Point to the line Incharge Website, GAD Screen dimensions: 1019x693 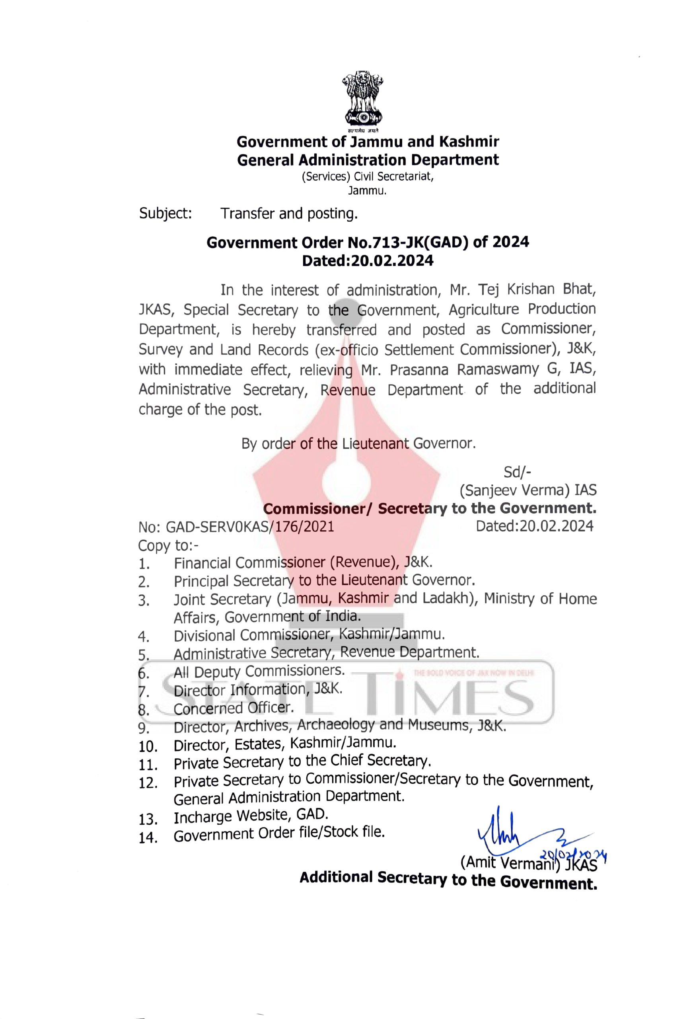point(251,816)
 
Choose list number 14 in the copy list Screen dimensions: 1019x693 point(148,838)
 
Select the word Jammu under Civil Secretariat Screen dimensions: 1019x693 point(367,191)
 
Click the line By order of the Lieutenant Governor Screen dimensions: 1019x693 point(358,443)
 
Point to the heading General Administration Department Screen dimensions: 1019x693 point(368,160)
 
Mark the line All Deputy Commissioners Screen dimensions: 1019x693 point(259,671)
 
